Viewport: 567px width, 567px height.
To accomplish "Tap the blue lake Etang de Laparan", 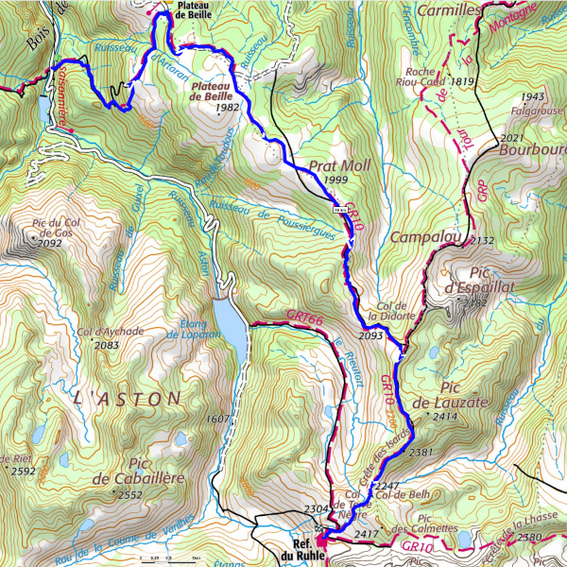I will coord(229,321).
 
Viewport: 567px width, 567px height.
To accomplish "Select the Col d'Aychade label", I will coord(112,332).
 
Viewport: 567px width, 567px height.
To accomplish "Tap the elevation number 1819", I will coord(462,82).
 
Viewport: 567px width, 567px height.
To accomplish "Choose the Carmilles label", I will coord(449,9).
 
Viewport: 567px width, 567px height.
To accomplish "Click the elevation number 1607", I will coord(218,418).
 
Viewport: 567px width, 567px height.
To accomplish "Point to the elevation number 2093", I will coord(371,335).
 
